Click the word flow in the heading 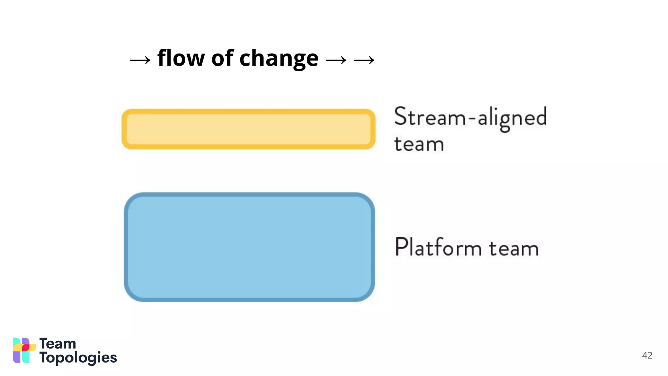tap(181, 58)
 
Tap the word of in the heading tap(222, 58)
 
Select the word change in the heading tap(279, 59)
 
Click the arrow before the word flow tap(140, 60)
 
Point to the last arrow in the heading tap(364, 60)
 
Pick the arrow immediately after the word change tap(336, 60)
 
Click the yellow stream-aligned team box tap(249, 129)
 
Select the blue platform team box tap(249, 247)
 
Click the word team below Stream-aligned tap(419, 144)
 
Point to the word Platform tap(438, 247)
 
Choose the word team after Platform tap(513, 249)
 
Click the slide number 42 tap(647, 355)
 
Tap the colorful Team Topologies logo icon tap(24, 350)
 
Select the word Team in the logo tap(58, 344)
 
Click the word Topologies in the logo tap(78, 358)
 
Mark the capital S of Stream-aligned tap(401, 116)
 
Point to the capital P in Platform tap(401, 247)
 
